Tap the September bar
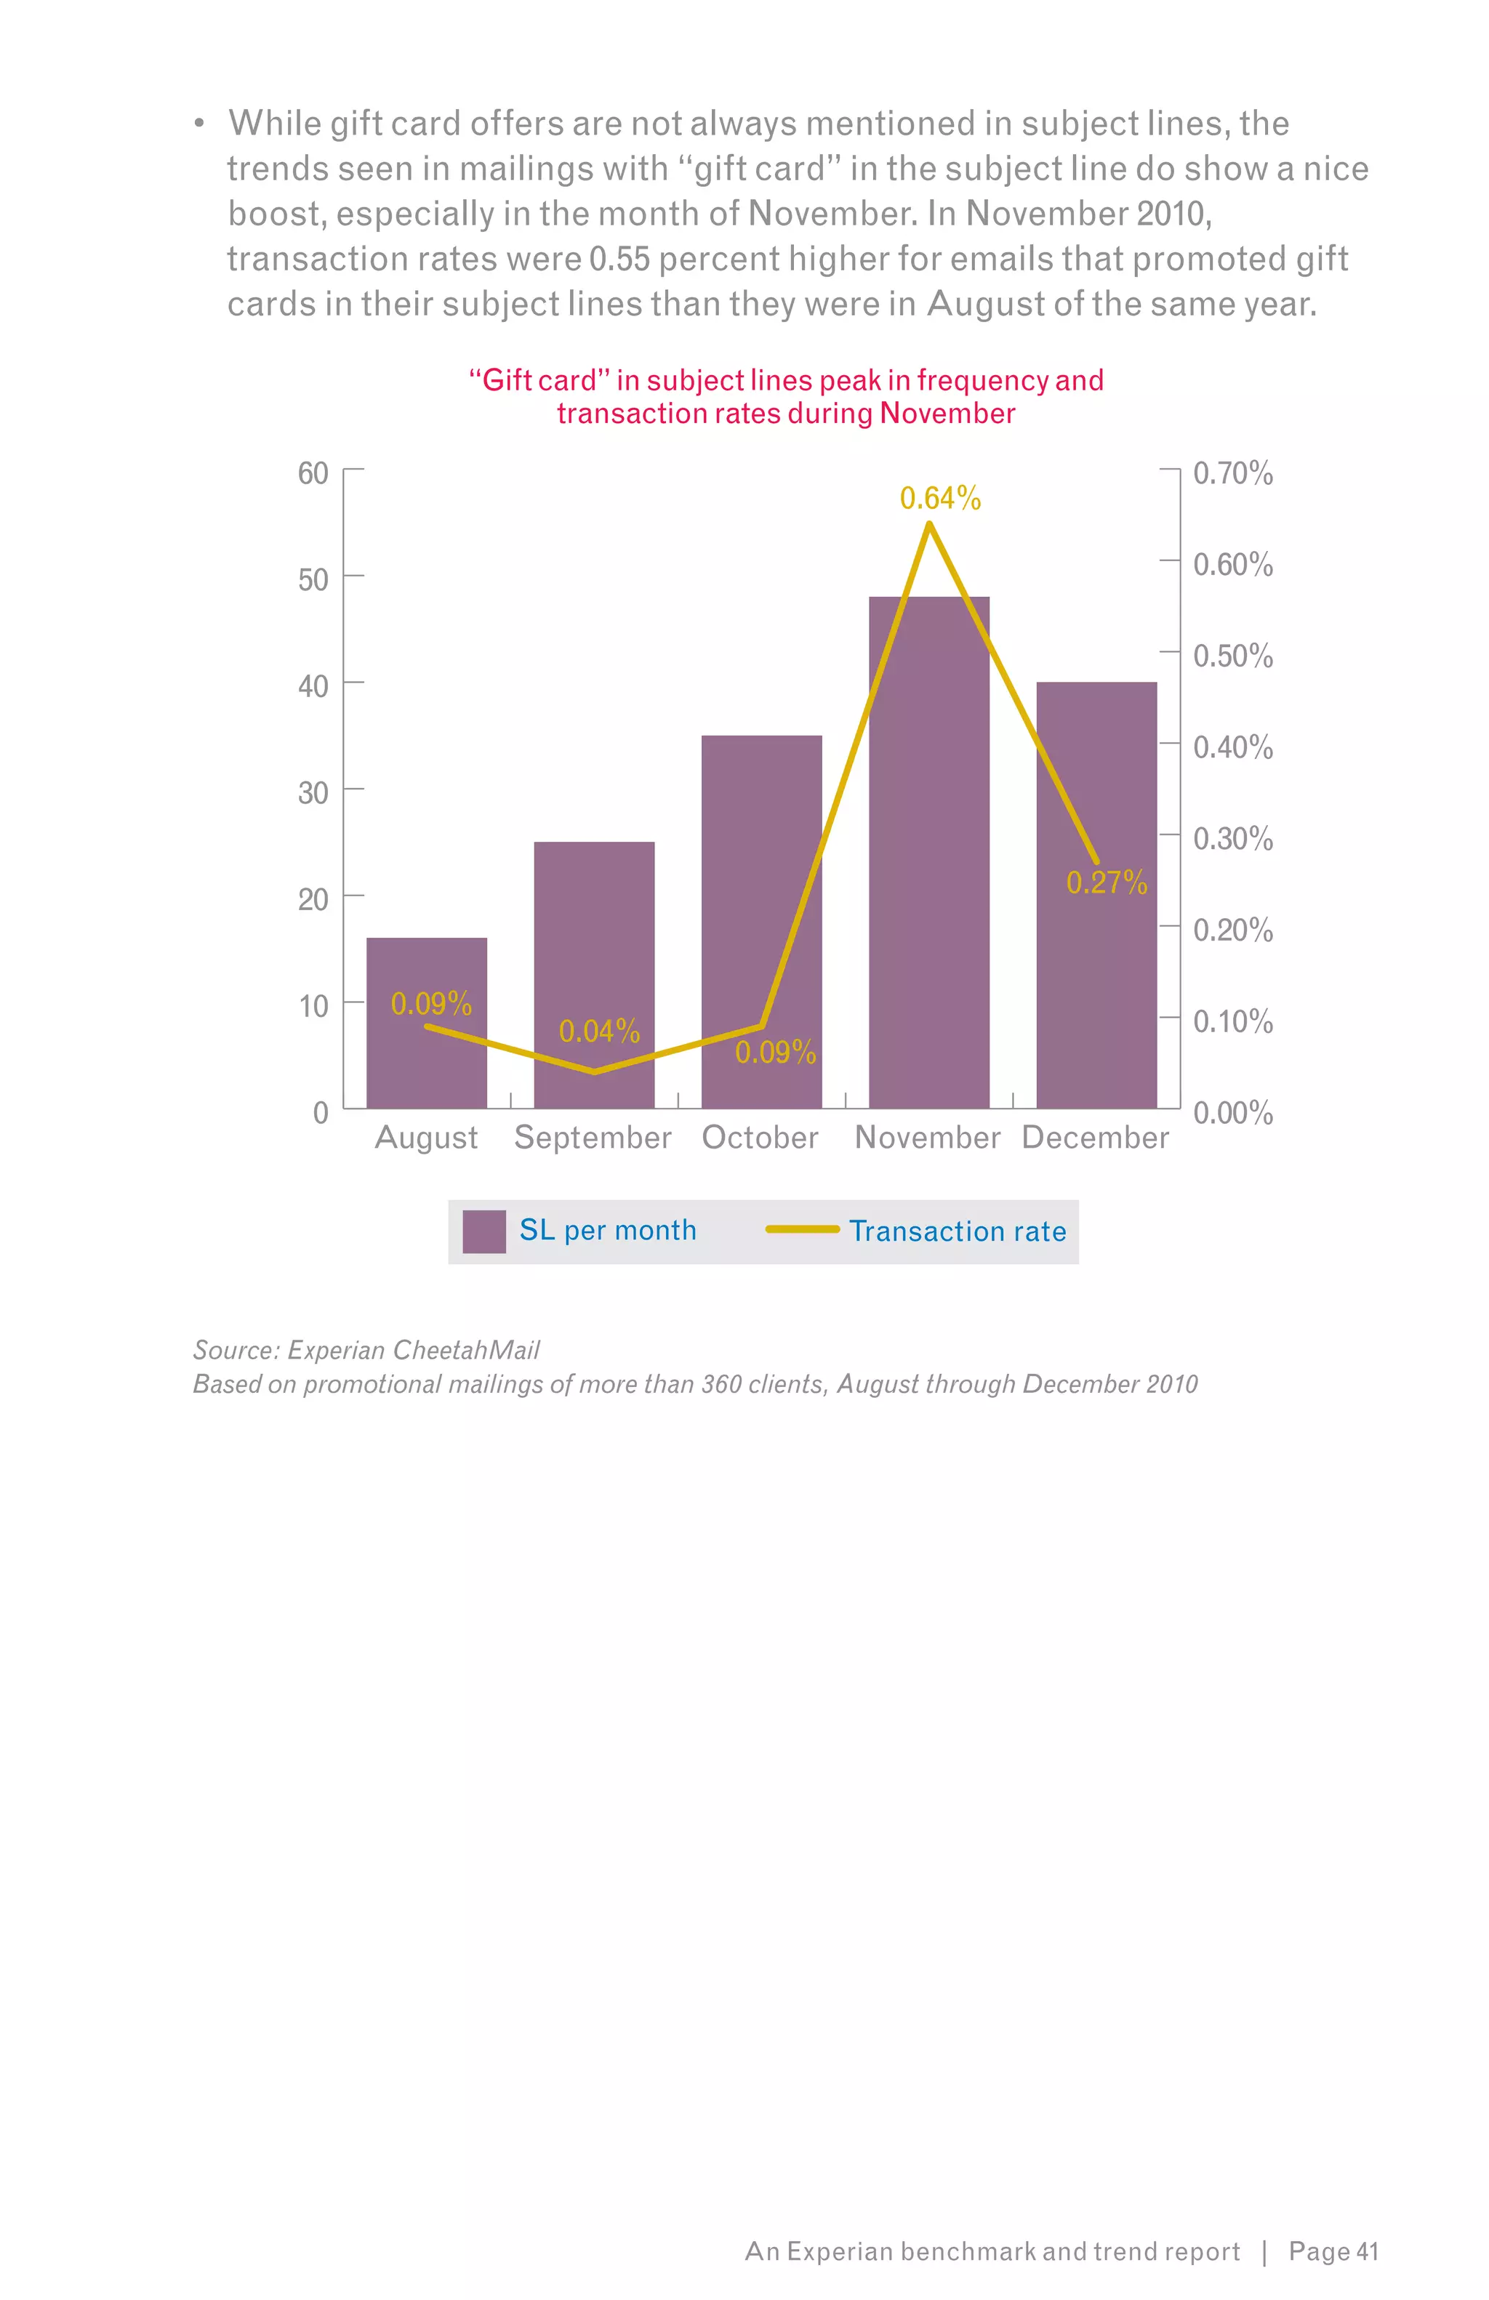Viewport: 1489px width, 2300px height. pos(593,947)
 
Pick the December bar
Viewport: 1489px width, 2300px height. pos(1096,966)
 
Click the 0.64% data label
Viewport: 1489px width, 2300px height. pos(939,499)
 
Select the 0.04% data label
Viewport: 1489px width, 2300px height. pos(599,1031)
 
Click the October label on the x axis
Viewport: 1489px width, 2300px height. pos(760,1138)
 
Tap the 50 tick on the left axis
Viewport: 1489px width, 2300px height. pos(313,580)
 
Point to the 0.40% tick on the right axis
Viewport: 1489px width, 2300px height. pos(1232,747)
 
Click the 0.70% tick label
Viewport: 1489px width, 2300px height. pos(1232,473)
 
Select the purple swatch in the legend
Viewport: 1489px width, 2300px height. pos(484,1231)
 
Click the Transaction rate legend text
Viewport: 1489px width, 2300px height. pos(957,1231)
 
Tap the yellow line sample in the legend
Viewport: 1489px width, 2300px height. pos(802,1229)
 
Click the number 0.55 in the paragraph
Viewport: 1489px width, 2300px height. pos(619,259)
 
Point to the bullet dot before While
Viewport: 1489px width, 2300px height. pos(199,124)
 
